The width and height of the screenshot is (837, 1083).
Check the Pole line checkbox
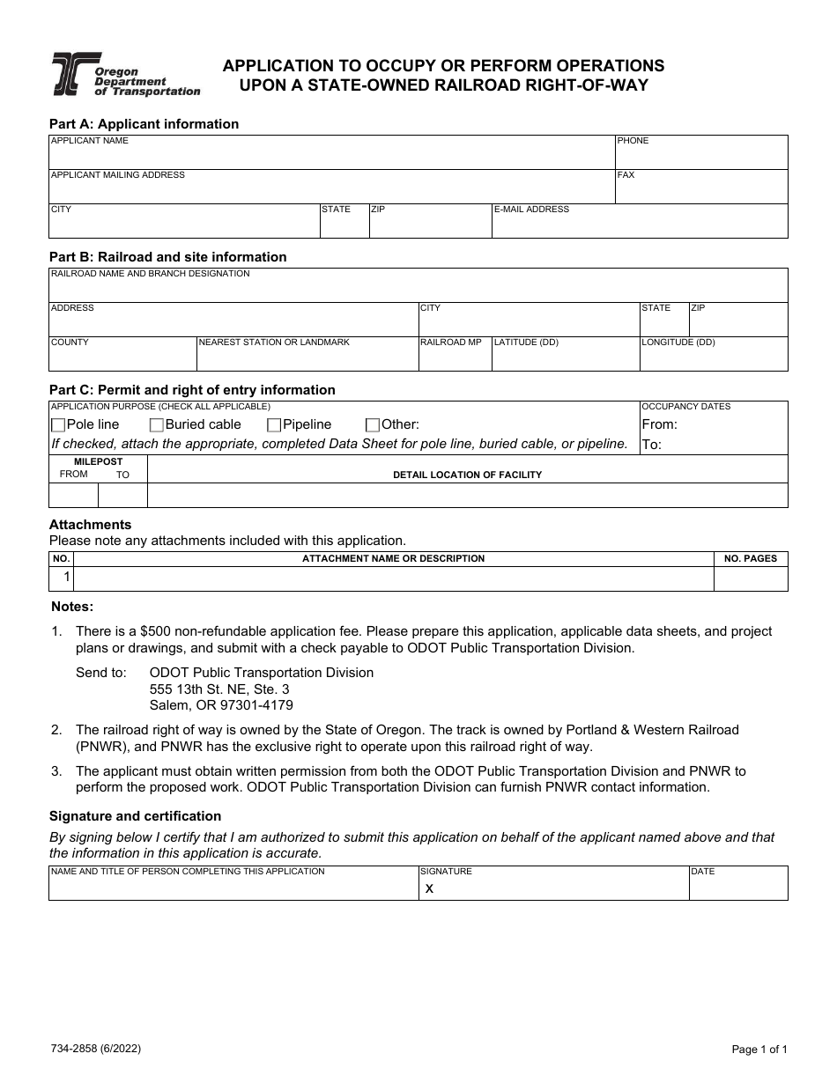[x=59, y=425]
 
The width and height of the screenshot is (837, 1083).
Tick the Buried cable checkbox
[x=157, y=425]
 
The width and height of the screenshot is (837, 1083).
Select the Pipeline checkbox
[x=274, y=425]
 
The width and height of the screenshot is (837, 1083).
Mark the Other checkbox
[x=373, y=425]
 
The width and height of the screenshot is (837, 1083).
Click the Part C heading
[x=192, y=390]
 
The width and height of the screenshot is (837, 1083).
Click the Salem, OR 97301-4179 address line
[x=221, y=705]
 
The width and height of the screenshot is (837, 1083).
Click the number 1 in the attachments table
[x=66, y=578]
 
